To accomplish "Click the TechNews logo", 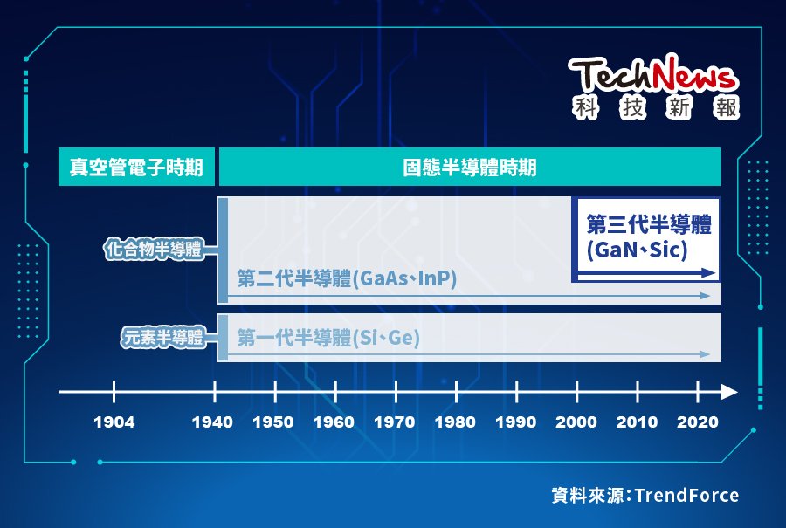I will pos(654,86).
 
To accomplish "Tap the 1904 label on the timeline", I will pos(114,422).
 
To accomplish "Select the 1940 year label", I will pos(212,422).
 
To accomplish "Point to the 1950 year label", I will pos(273,422).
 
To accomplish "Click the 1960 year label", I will pos(334,422).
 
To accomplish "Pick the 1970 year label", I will pos(395,422).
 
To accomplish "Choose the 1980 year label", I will pos(455,422).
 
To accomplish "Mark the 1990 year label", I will pos(515,422).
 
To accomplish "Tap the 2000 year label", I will pos(576,422).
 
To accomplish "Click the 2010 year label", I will pos(637,422).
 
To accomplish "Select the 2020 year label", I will pos(697,422).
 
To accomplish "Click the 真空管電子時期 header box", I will pos(136,168).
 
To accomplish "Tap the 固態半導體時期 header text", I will pos(470,168).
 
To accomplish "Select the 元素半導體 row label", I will pos(162,338).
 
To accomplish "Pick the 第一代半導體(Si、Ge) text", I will pos(328,338).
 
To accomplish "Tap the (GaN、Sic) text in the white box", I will pos(638,250).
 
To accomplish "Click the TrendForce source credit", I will pos(645,496).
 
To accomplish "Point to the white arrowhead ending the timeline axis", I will pos(729,392).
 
